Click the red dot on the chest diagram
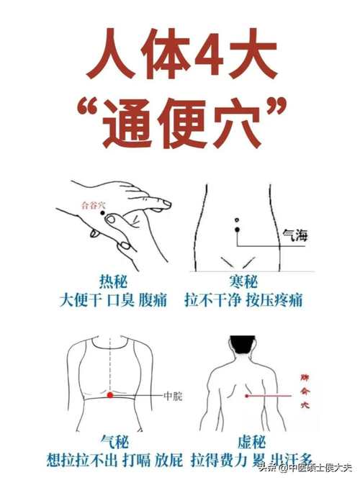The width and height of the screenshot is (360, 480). pos(109,395)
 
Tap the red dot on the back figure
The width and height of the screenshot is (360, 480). pos(246,395)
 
